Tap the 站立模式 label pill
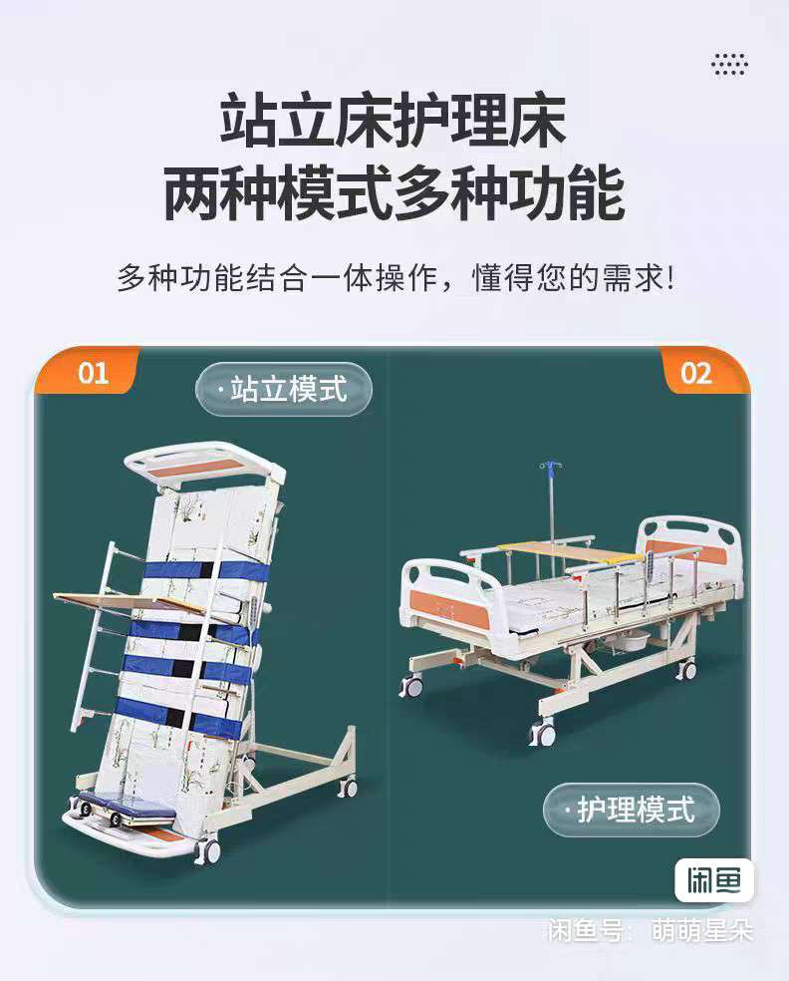point(285,389)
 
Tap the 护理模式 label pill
point(632,810)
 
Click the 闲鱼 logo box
point(714,880)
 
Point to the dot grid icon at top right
point(729,64)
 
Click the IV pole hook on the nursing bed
point(550,467)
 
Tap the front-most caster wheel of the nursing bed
point(541,732)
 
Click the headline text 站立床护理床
point(394,121)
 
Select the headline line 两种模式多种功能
point(394,193)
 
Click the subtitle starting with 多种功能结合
point(395,278)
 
